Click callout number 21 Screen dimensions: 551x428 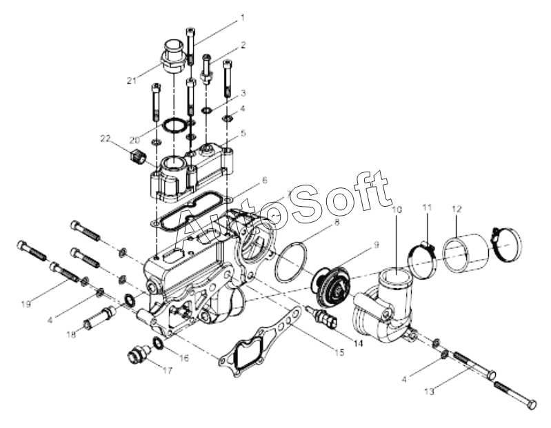132,81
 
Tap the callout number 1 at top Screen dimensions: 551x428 242,17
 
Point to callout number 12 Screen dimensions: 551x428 457,210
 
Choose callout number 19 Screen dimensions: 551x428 26,303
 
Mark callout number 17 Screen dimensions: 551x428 168,370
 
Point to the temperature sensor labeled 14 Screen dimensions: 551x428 323,317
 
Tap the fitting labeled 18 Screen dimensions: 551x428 99,318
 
